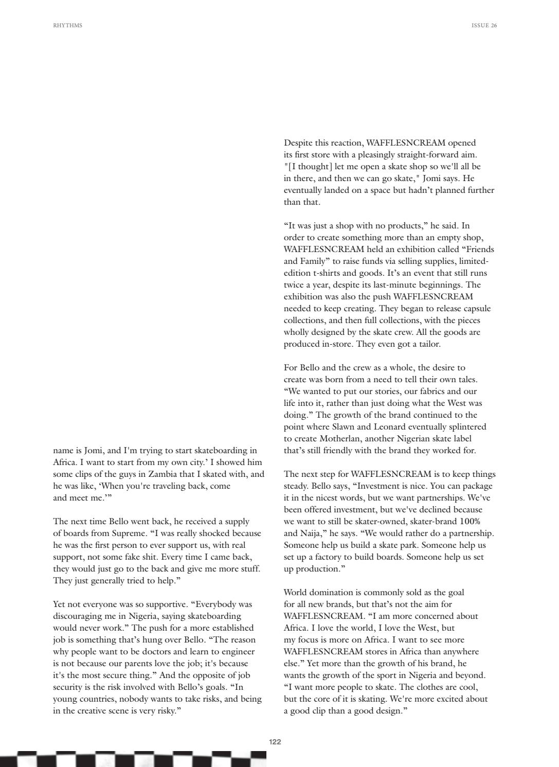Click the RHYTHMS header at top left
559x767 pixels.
pyautogui.click(x=67, y=25)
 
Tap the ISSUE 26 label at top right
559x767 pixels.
pyautogui.click(x=484, y=25)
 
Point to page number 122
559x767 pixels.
pyautogui.click(x=275, y=742)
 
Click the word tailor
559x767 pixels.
pyautogui.click(x=427, y=344)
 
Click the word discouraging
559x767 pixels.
pyautogui.click(x=76, y=616)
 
